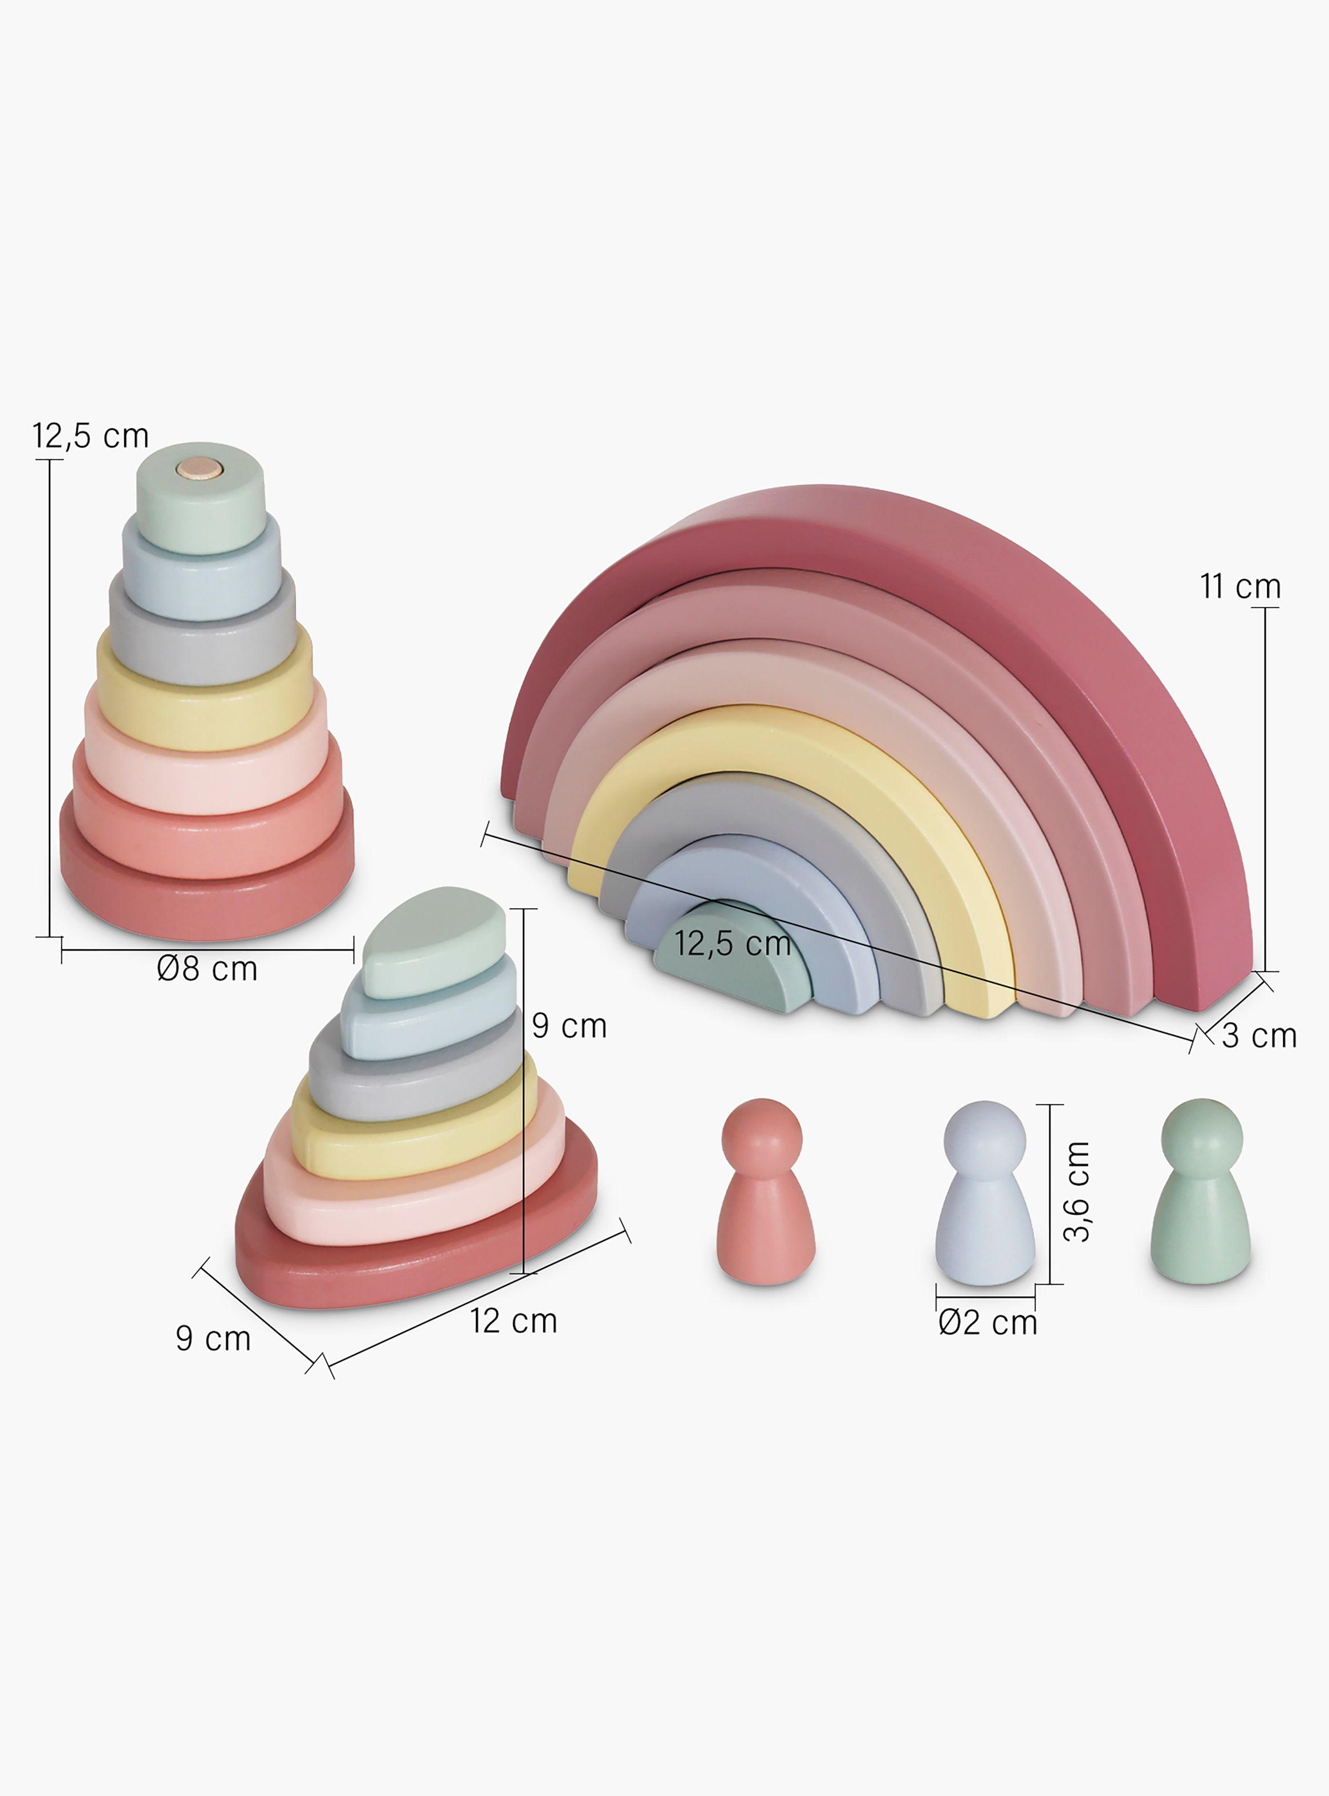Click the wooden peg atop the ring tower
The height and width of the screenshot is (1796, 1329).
click(x=200, y=468)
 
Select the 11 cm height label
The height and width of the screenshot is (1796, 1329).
click(x=1239, y=586)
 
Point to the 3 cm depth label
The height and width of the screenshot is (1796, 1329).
click(x=1259, y=1036)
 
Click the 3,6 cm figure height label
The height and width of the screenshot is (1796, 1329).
click(x=1076, y=1191)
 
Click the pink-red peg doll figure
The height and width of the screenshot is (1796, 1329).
click(x=765, y=1191)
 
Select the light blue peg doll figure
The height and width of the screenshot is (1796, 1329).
click(x=985, y=1193)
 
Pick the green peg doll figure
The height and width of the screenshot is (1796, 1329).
click(x=1200, y=1191)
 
